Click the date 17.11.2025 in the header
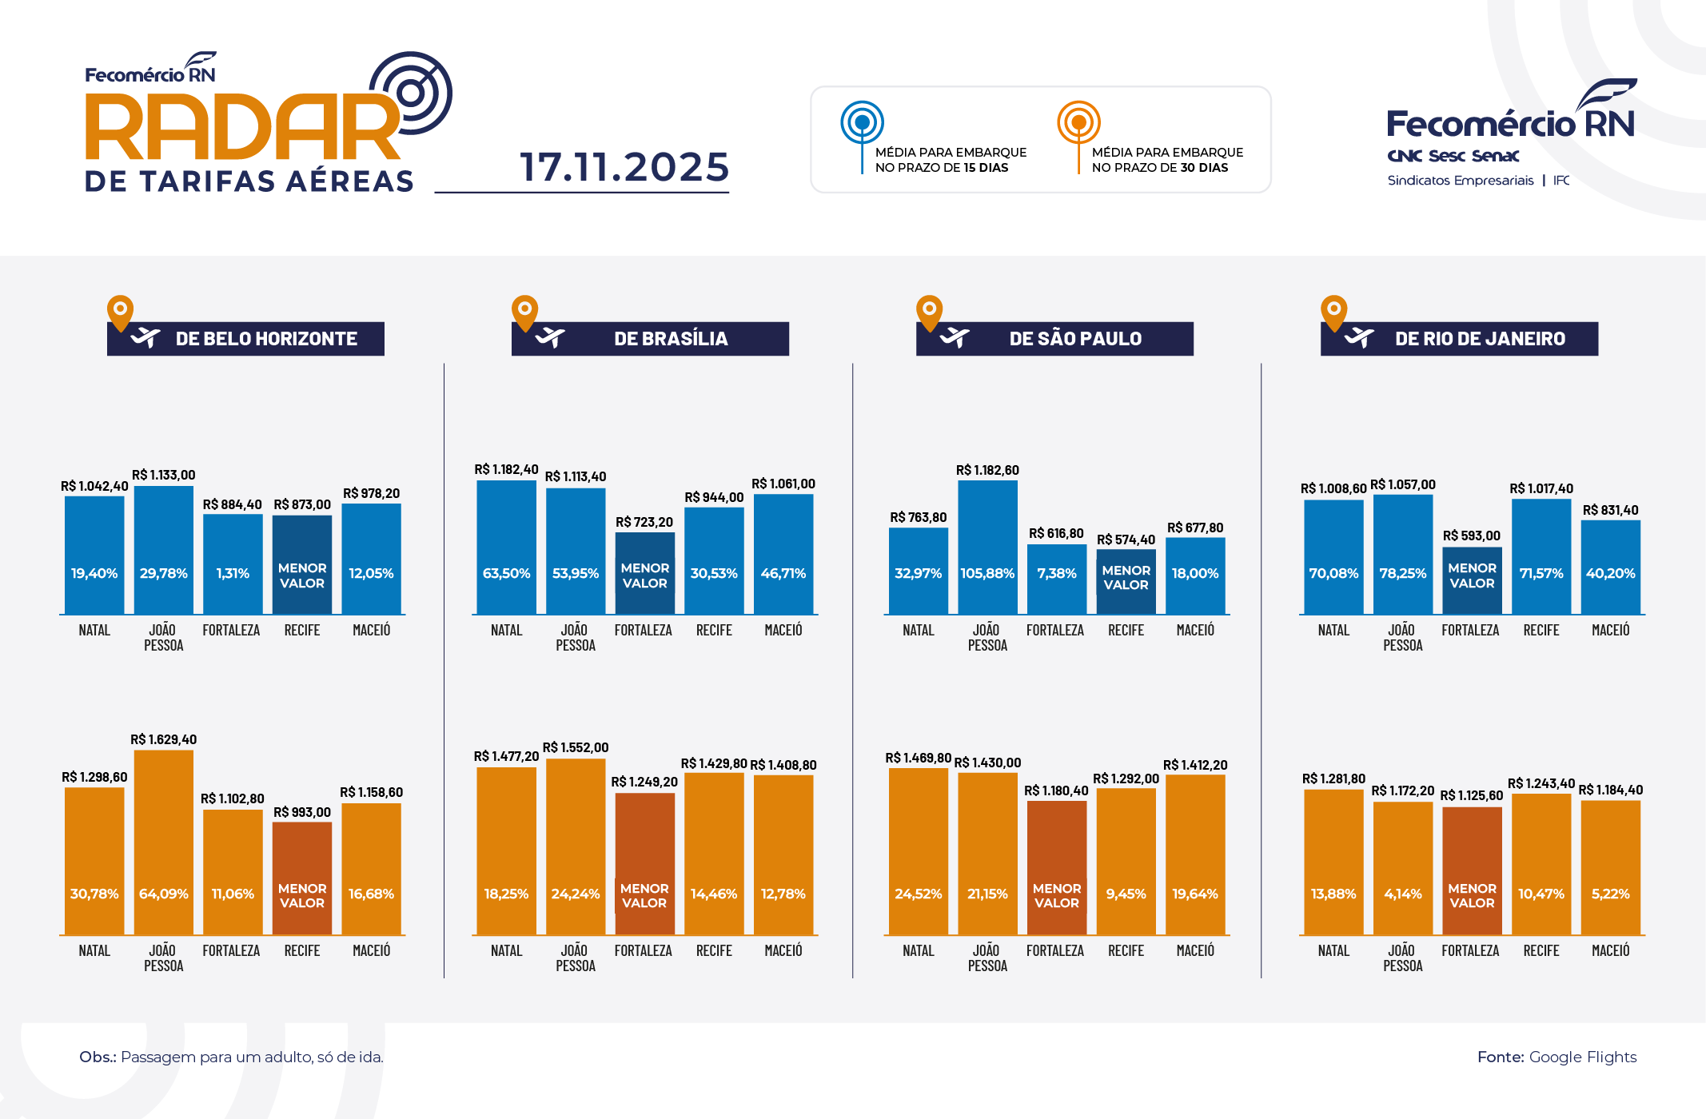pos(624,167)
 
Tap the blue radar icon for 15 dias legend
pos(862,123)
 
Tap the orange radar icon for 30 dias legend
pos(1078,123)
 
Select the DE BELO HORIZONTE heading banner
pos(246,339)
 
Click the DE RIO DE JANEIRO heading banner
pos(1460,339)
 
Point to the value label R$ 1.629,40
pos(163,739)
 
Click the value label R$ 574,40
pos(1126,540)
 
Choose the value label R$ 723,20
pos(644,522)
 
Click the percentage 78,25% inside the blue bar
pos(1402,573)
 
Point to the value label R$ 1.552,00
pos(576,747)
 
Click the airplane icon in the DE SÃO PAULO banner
pos(954,337)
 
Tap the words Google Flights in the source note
pos(1582,1057)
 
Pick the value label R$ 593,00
pos(1471,536)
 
